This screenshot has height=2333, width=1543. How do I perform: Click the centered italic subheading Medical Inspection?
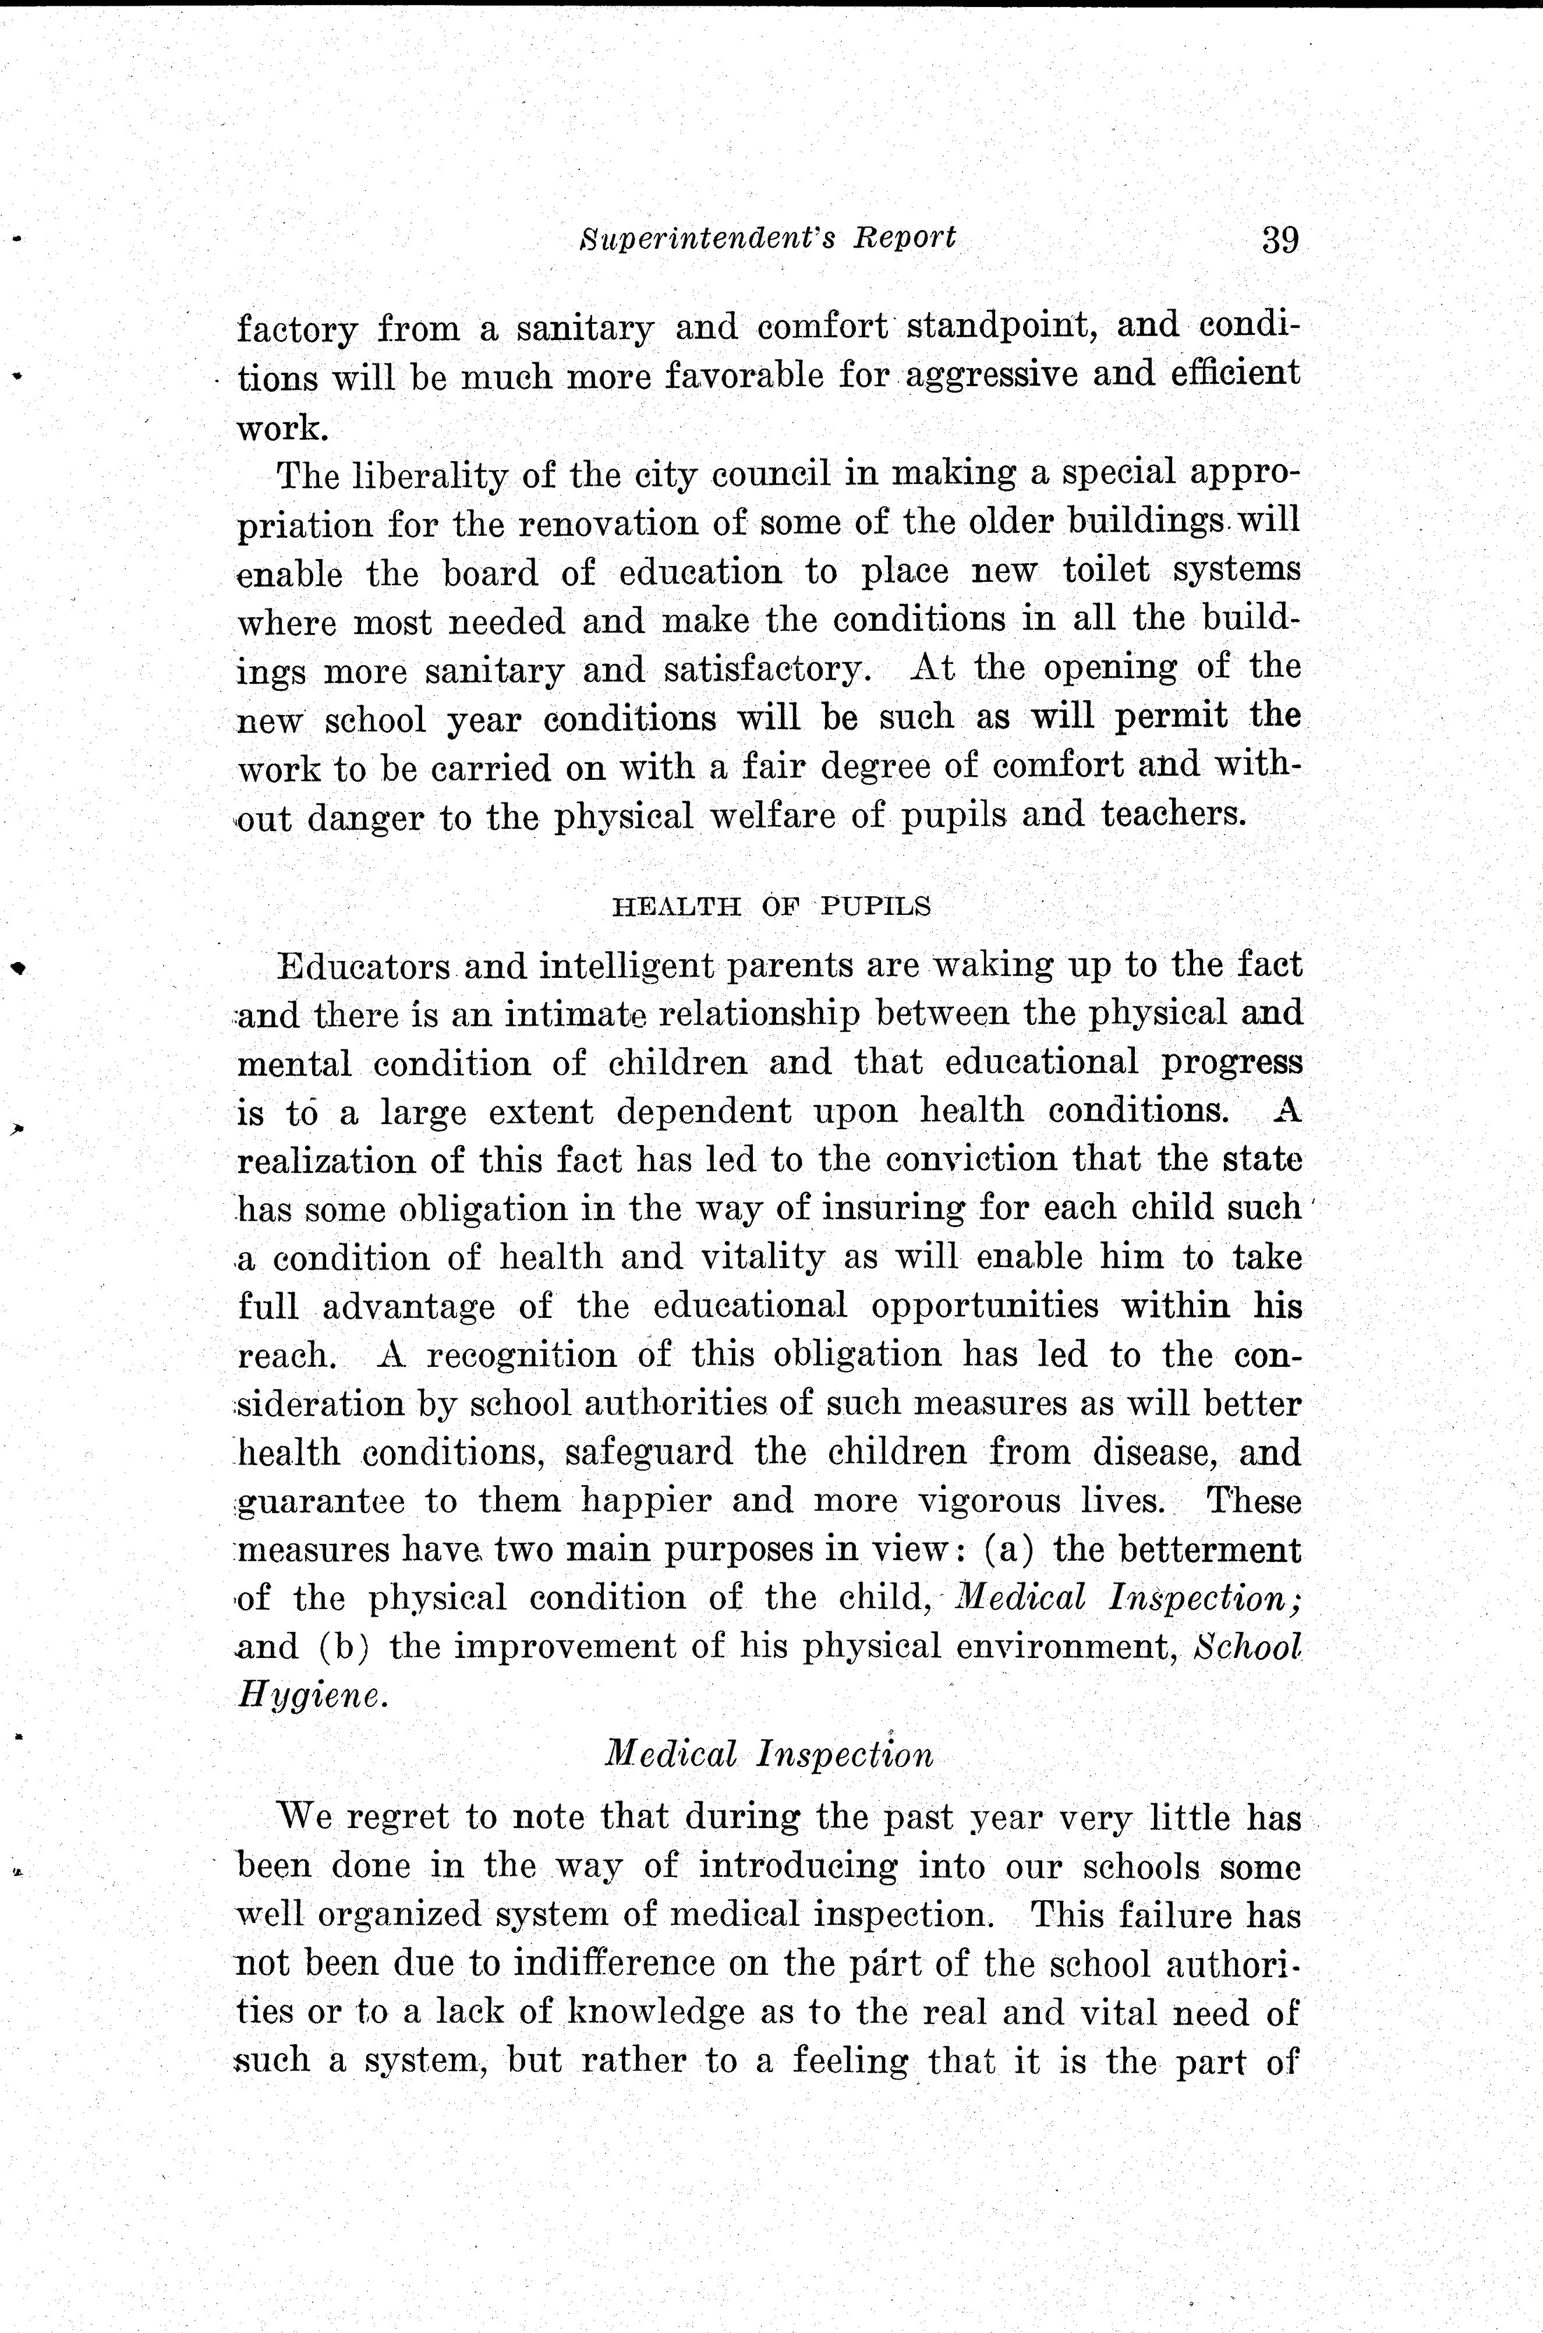769,1755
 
